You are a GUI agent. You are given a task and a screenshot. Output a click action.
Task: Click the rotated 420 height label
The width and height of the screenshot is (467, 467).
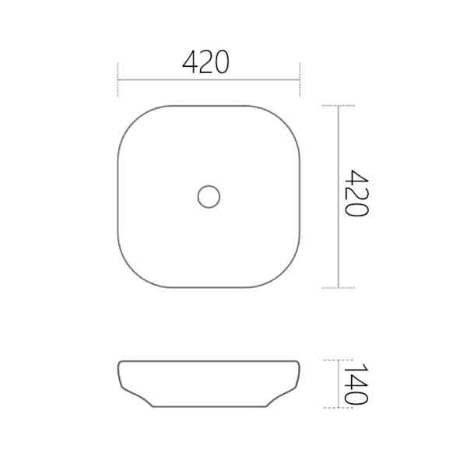(x=355, y=194)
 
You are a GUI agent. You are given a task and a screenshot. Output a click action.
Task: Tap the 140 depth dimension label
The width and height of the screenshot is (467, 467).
(x=355, y=384)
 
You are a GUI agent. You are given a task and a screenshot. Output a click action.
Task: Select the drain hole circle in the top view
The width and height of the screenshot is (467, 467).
(x=209, y=195)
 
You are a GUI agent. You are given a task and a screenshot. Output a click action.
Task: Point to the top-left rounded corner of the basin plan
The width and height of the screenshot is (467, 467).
(x=131, y=118)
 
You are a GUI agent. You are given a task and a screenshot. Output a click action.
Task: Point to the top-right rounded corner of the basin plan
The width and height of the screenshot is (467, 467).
(x=286, y=118)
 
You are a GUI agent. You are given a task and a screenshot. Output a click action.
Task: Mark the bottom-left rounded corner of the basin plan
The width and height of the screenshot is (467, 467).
(x=131, y=274)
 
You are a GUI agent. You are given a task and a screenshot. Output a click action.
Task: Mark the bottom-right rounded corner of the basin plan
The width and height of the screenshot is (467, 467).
(x=286, y=274)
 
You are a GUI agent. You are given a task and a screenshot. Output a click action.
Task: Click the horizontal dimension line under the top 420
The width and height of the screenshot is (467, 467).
(x=209, y=79)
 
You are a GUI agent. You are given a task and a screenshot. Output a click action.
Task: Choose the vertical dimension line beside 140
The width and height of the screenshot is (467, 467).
(x=338, y=384)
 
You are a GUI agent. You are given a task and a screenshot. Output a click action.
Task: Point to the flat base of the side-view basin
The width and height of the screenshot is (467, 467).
(x=209, y=407)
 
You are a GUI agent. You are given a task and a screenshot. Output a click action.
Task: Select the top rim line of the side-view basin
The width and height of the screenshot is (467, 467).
(x=209, y=360)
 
